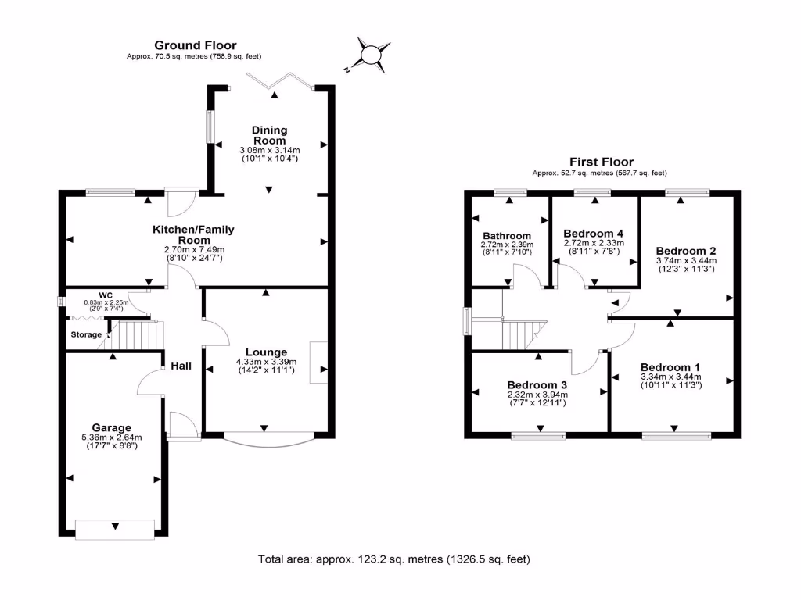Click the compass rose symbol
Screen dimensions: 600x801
369,55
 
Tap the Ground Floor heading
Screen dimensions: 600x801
195,45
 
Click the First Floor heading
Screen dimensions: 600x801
601,162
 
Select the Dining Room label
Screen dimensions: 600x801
269,135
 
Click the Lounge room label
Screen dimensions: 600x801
265,352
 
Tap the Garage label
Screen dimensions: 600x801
111,427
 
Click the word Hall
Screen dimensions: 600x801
181,365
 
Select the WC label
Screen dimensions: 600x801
84,295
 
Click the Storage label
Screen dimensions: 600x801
86,334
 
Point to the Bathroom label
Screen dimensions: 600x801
506,235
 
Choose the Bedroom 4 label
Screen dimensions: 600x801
594,233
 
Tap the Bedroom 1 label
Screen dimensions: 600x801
670,367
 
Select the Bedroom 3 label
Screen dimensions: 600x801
537,385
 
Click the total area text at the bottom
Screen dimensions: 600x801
394,559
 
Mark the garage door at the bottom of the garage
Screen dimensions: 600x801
116,528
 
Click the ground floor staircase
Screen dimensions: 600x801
137,336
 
